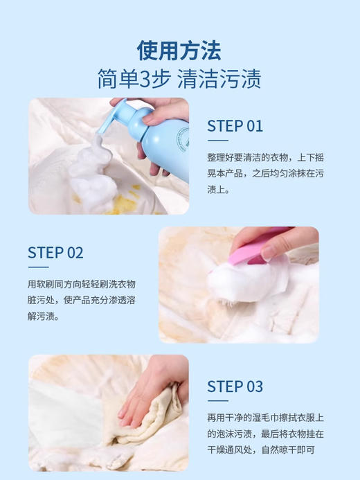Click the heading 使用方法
click(179, 50)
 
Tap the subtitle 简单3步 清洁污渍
click(179, 78)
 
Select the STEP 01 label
click(235, 125)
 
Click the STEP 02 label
click(55, 252)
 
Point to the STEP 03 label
click(235, 386)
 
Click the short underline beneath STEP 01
click(218, 141)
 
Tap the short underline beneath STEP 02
click(38, 267)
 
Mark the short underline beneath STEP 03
click(218, 401)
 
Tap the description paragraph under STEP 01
click(267, 172)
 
